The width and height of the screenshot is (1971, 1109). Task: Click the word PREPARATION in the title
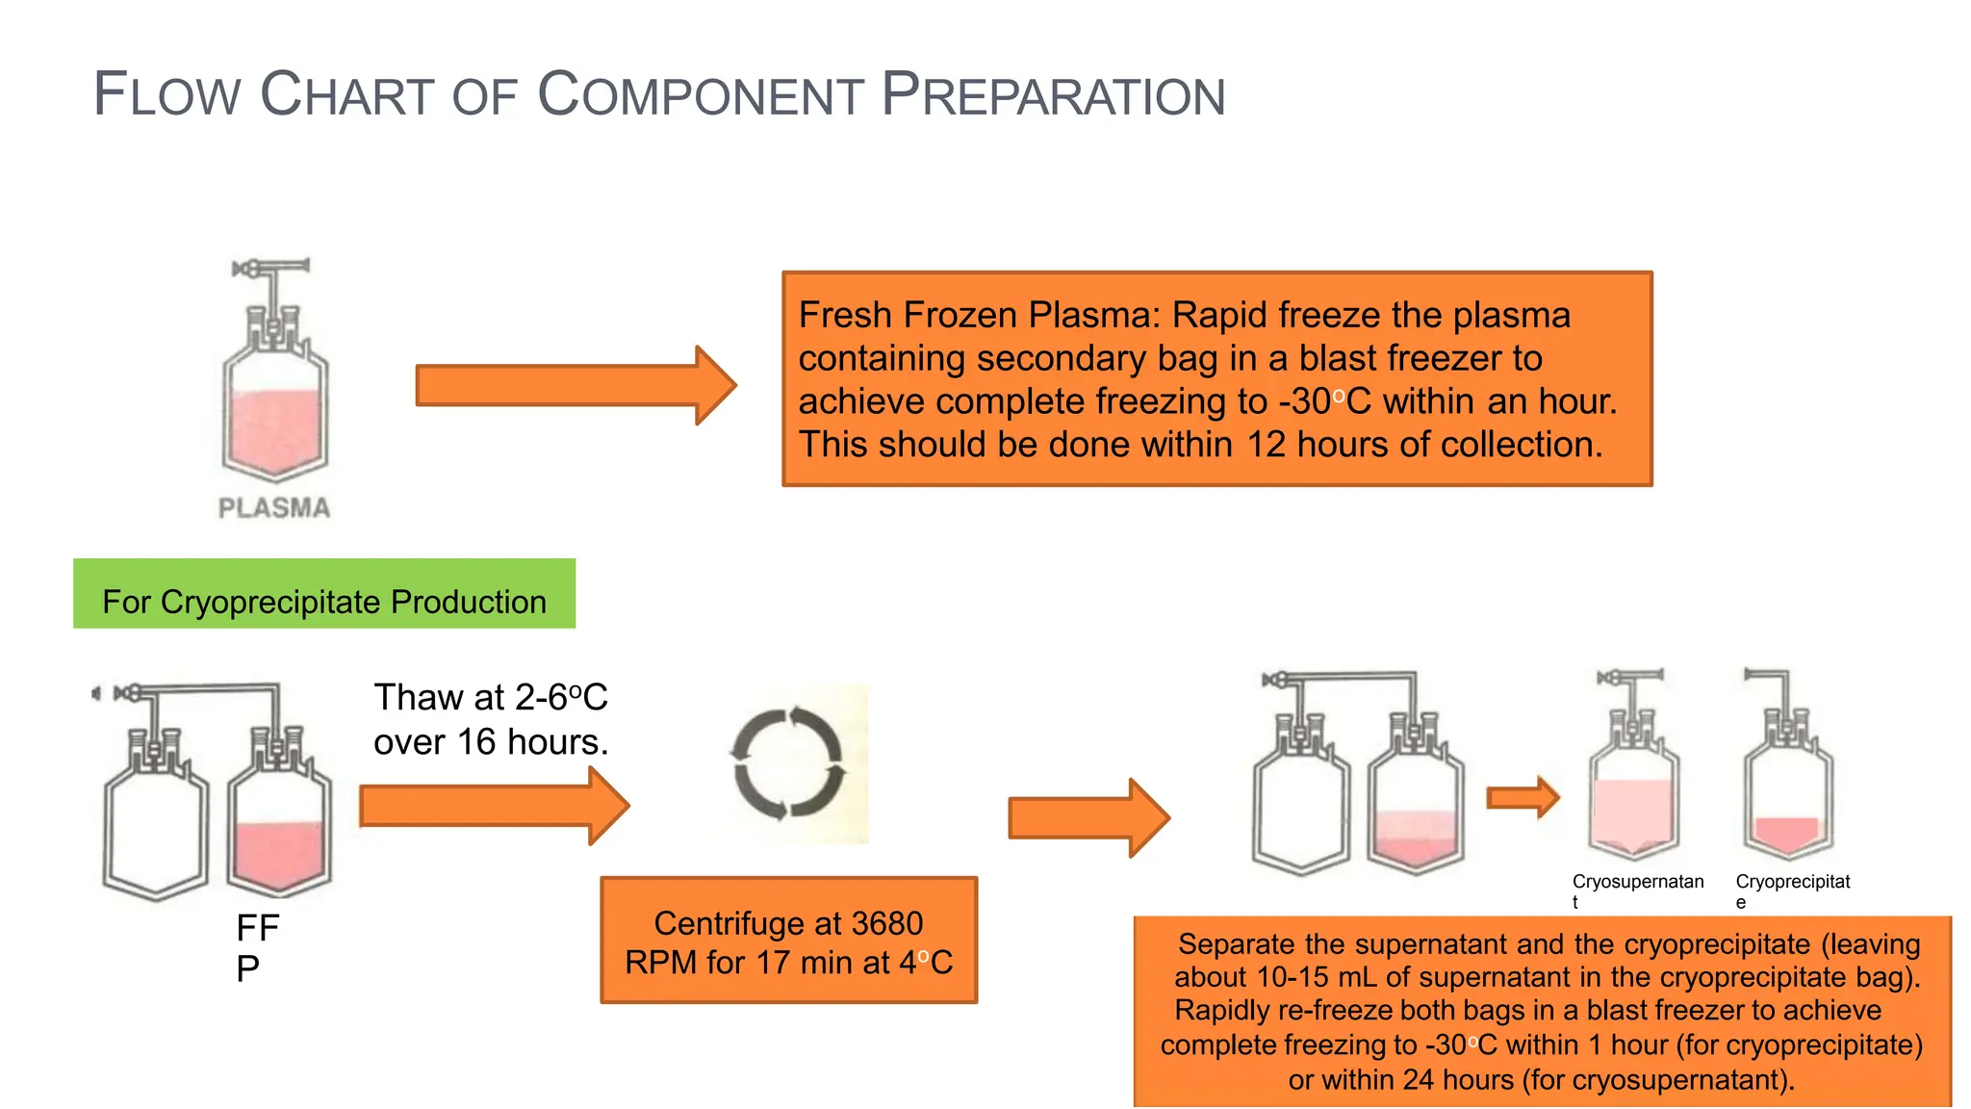click(x=1053, y=95)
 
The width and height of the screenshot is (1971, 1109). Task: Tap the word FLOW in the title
click(x=166, y=95)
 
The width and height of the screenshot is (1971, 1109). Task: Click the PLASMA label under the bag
click(x=274, y=508)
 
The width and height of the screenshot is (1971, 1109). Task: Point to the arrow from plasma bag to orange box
click(x=575, y=385)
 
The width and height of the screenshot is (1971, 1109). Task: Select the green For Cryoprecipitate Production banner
click(x=324, y=594)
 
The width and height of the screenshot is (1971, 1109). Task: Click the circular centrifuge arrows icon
click(x=789, y=762)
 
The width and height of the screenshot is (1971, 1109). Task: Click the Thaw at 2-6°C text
click(x=490, y=697)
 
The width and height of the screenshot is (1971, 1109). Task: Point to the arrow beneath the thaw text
click(x=493, y=806)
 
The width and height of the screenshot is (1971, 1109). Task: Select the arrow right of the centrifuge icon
click(x=1088, y=818)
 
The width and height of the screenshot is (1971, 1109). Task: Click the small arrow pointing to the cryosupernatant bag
click(x=1522, y=797)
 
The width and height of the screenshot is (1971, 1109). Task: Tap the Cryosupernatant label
click(x=1637, y=882)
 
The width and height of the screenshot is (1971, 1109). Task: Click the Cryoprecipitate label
click(x=1792, y=882)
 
